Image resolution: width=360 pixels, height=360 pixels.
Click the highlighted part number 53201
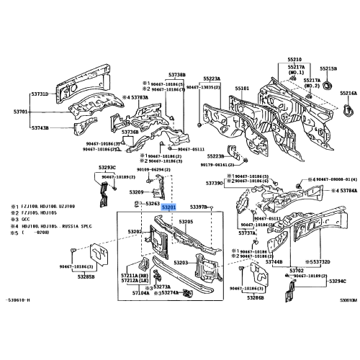click(x=168, y=207)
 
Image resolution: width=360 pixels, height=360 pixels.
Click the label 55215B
click(x=328, y=68)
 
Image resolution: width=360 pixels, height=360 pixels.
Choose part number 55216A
click(x=348, y=94)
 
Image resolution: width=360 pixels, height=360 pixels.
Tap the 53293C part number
click(x=107, y=167)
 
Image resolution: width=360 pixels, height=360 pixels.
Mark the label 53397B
click(x=198, y=207)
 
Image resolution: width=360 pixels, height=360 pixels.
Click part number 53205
click(x=186, y=222)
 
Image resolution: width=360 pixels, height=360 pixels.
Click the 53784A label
click(x=348, y=191)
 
